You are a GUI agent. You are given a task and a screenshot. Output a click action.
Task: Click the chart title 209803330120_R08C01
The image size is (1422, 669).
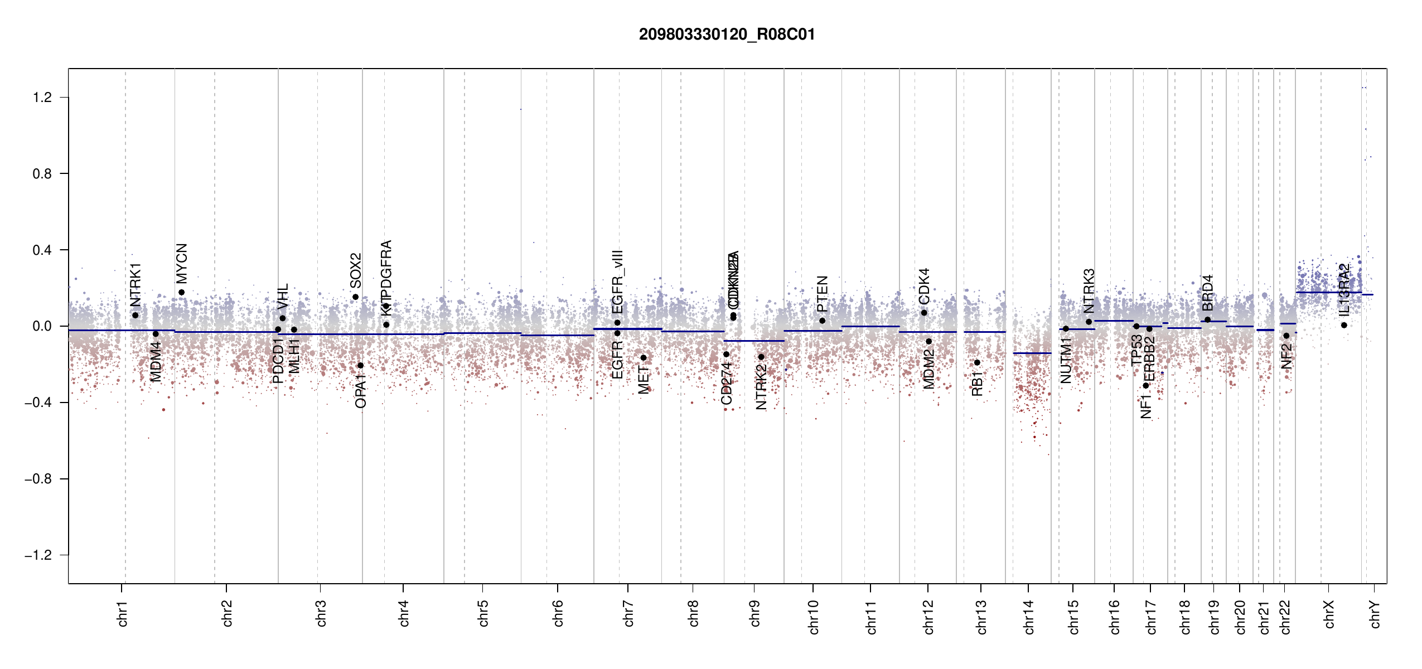[x=727, y=35]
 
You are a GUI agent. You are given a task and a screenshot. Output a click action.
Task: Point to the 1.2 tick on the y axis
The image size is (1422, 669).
[x=42, y=98]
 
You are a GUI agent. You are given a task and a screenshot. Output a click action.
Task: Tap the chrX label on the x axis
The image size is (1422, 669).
[x=1329, y=614]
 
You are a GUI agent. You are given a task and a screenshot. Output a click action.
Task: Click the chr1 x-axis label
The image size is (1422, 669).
[x=123, y=614]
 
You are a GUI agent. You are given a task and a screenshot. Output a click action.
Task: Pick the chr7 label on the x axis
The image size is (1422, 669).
[x=628, y=614]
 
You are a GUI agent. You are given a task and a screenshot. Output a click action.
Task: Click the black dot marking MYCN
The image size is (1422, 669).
[x=181, y=292]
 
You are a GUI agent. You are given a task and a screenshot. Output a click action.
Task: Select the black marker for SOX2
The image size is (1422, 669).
[x=355, y=297]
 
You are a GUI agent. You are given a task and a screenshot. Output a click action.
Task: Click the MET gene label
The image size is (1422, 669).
[x=644, y=380]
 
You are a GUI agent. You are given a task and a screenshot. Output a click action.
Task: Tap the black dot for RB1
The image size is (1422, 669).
[x=977, y=362]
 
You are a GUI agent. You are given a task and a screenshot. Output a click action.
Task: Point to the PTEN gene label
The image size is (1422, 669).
[x=822, y=294]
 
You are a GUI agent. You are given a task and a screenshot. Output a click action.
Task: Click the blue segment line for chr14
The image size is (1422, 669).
[x=1032, y=353]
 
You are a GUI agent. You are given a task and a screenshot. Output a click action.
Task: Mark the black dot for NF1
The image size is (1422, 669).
[x=1146, y=385]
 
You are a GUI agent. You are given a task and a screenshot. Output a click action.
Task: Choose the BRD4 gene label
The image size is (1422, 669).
[x=1207, y=293]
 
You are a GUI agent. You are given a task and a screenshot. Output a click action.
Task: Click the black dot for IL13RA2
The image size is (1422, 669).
[x=1344, y=325]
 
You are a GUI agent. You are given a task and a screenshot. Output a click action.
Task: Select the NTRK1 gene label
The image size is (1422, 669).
[x=136, y=285]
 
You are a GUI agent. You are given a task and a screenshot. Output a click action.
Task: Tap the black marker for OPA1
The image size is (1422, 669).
[x=360, y=366]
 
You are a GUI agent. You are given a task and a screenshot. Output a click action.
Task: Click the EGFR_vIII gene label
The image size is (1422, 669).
[x=617, y=282]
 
